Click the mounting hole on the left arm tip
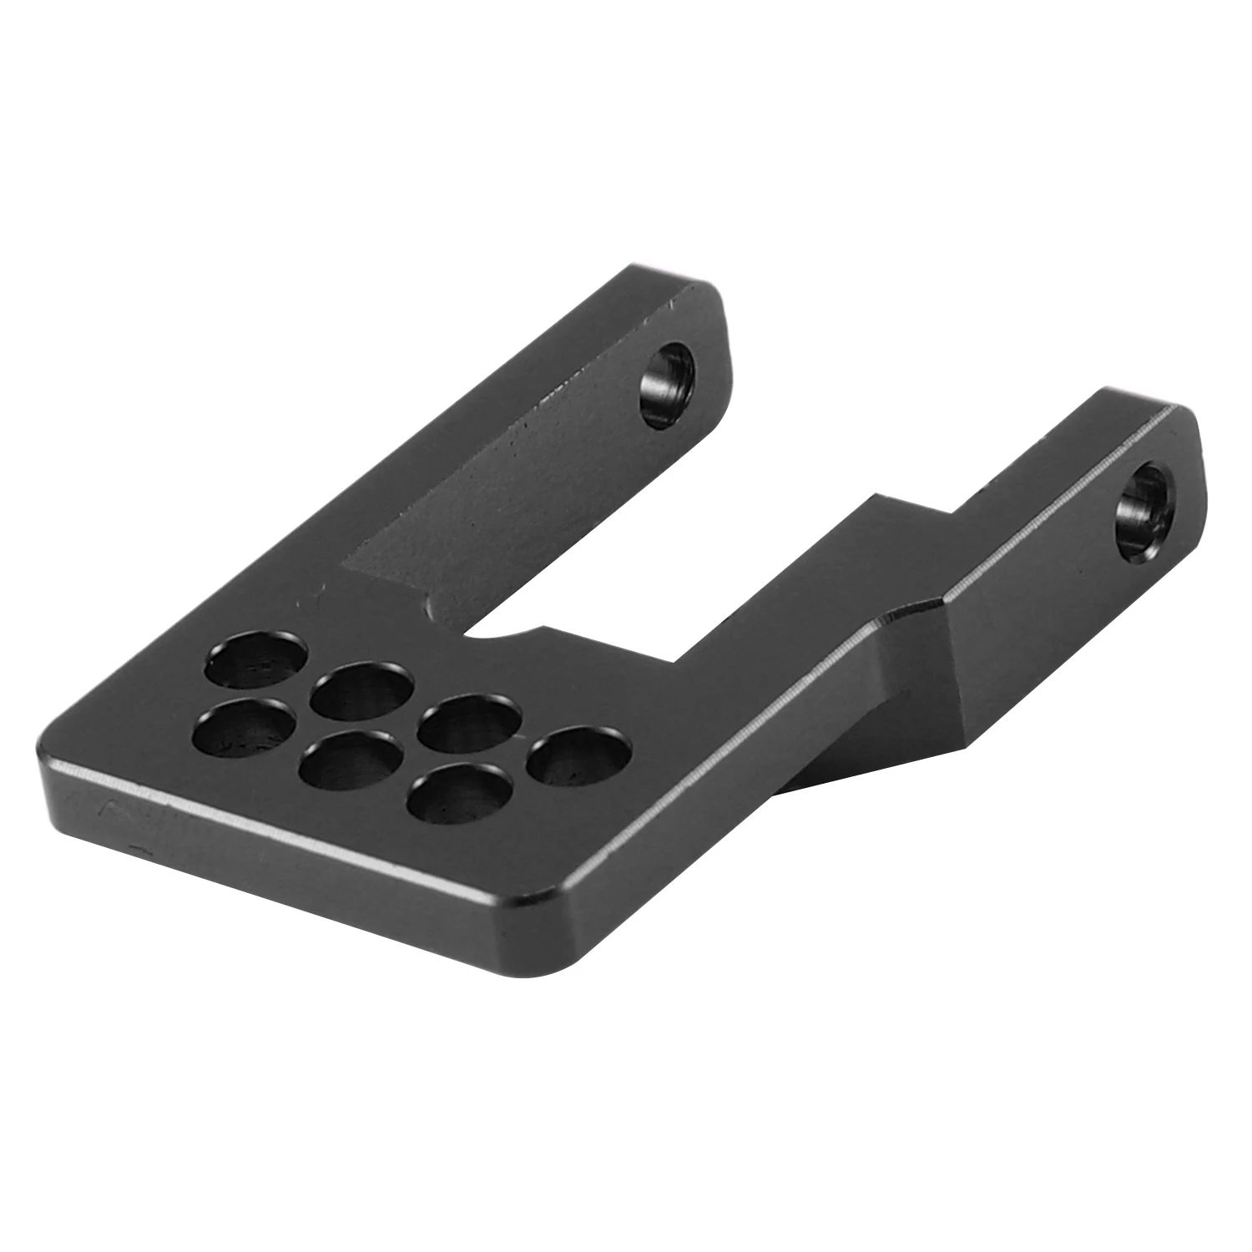point(667,385)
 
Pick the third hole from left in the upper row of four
point(469,724)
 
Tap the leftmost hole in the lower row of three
point(242,725)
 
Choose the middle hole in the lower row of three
point(349,760)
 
